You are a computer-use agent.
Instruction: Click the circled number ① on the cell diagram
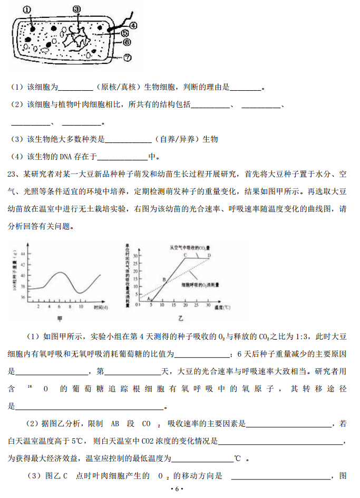coord(27,9)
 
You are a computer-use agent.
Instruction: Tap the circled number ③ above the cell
coord(76,8)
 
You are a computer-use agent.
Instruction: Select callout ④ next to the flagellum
coord(133,25)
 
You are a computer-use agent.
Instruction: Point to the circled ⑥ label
coord(127,42)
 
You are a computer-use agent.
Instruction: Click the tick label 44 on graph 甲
coord(23,253)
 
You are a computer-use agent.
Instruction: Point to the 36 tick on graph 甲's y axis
coord(23,298)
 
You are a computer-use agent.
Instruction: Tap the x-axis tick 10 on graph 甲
coord(81,307)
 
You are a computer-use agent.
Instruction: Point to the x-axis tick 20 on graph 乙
coord(185,305)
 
